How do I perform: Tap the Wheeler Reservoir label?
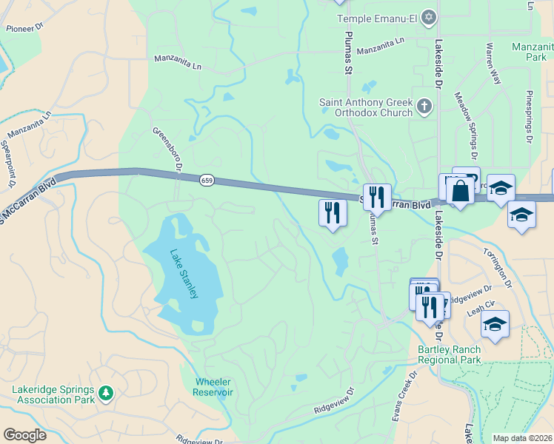point(213,387)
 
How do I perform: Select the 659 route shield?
point(207,180)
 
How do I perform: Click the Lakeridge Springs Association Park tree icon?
point(106,393)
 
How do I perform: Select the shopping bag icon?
point(460,191)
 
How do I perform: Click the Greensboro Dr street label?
point(167,149)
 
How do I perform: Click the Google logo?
point(24,434)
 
